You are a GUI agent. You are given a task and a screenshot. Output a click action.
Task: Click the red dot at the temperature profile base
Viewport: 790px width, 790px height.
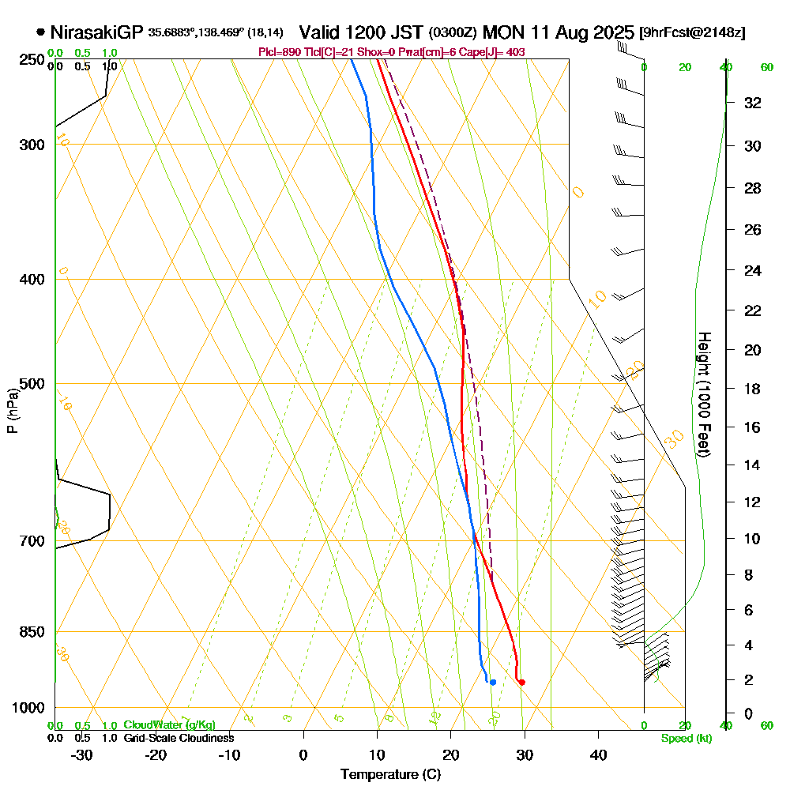coord(521,682)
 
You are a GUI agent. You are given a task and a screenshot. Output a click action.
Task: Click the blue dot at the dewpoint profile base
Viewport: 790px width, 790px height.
coord(493,682)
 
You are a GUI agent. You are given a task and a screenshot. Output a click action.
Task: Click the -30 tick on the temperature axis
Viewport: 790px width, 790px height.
coord(82,754)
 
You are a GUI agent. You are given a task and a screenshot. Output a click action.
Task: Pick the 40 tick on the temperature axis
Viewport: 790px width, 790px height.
coord(598,754)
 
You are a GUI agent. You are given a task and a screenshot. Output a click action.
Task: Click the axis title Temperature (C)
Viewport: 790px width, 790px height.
coord(390,775)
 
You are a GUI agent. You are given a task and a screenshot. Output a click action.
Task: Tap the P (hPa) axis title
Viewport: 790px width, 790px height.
coord(12,410)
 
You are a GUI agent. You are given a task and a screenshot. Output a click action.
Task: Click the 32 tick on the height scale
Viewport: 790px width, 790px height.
coord(753,103)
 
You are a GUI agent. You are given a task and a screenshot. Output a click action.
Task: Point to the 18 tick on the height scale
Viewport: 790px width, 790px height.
coord(753,389)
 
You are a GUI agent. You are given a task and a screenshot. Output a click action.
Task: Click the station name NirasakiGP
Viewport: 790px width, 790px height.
coord(96,33)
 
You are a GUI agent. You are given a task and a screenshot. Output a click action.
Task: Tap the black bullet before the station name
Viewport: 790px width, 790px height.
coord(40,33)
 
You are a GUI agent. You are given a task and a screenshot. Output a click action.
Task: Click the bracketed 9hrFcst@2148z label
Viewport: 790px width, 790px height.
coord(693,33)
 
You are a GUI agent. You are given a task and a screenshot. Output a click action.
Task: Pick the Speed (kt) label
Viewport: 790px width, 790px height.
coord(685,739)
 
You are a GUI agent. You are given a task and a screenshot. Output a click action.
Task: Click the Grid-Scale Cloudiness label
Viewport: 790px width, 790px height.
coord(179,738)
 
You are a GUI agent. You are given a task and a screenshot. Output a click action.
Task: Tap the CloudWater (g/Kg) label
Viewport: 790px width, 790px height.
coord(169,725)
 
